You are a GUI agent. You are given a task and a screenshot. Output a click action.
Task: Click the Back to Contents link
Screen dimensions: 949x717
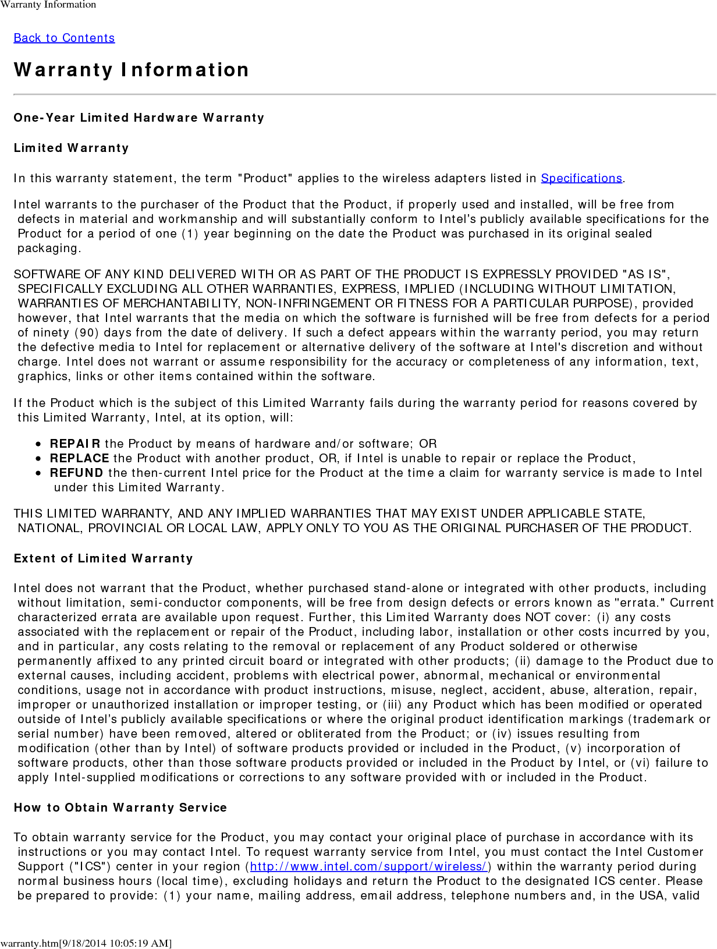click(x=64, y=38)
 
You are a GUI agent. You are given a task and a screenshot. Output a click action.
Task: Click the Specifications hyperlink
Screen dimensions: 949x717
click(x=581, y=178)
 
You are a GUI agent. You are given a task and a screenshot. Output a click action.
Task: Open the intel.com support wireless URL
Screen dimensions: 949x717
click(x=368, y=866)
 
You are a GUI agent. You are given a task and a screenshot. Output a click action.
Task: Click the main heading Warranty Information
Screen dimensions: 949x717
click(x=132, y=70)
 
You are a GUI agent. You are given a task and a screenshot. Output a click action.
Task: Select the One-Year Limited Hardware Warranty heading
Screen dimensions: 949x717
click(x=139, y=118)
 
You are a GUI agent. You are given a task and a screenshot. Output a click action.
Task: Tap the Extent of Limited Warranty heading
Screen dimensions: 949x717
click(x=103, y=558)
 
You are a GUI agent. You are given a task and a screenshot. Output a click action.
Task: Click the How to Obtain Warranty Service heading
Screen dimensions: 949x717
click(x=120, y=808)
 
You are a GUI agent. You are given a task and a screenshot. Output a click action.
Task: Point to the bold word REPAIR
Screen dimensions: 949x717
click(x=75, y=444)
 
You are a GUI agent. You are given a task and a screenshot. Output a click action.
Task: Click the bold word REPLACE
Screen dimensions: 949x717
click(x=80, y=458)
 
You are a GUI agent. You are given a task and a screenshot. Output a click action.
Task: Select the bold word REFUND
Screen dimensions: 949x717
click(x=76, y=473)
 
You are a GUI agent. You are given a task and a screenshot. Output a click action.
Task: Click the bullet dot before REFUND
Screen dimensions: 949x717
click(x=38, y=473)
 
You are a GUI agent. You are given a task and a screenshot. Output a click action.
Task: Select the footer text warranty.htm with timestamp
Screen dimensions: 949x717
click(x=86, y=943)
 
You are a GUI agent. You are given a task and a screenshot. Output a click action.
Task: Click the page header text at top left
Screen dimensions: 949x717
click(x=48, y=5)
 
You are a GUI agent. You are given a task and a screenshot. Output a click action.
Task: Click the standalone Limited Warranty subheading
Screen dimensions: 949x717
click(x=71, y=148)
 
